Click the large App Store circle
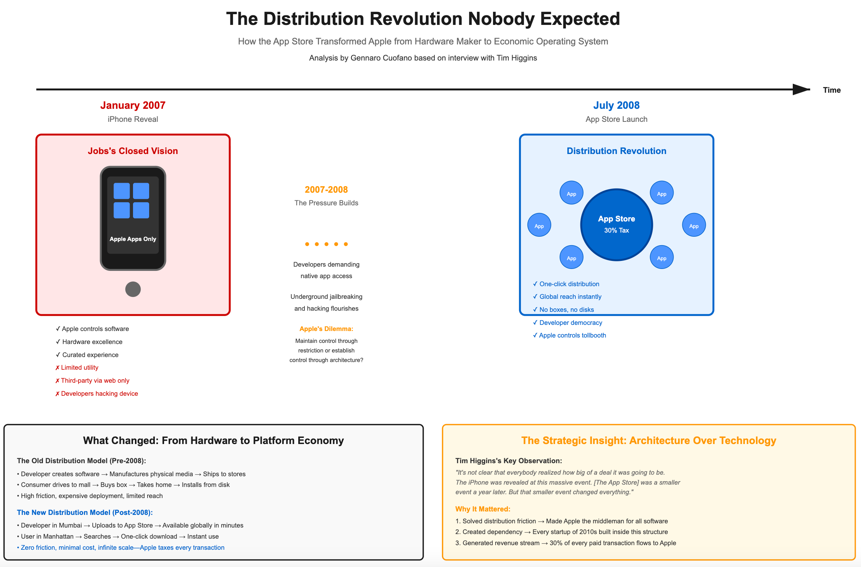tap(616, 225)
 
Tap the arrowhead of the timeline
tap(801, 90)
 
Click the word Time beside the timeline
tap(831, 90)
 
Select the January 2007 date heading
tap(133, 105)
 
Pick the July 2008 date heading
tap(616, 105)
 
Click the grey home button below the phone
tap(133, 289)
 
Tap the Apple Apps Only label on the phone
tap(133, 239)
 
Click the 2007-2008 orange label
tap(326, 190)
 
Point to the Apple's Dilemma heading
tap(326, 329)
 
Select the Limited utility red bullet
tap(79, 368)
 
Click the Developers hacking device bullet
tap(99, 393)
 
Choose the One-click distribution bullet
tap(569, 284)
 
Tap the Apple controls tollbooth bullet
tap(572, 335)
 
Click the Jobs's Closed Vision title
tap(133, 151)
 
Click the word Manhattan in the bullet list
tap(58, 536)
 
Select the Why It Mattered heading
tap(483, 509)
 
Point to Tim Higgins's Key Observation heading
tap(508, 461)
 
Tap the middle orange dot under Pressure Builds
tap(326, 244)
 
